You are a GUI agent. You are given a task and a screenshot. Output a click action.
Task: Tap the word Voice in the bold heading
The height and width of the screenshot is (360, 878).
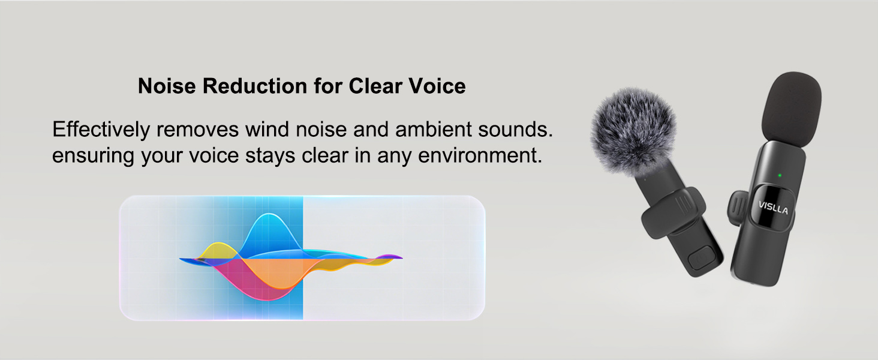pos(436,86)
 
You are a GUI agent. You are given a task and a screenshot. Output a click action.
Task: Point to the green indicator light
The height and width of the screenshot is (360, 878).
pos(778,176)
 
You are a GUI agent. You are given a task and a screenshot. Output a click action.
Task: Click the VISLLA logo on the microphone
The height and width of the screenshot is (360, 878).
pos(773,208)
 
